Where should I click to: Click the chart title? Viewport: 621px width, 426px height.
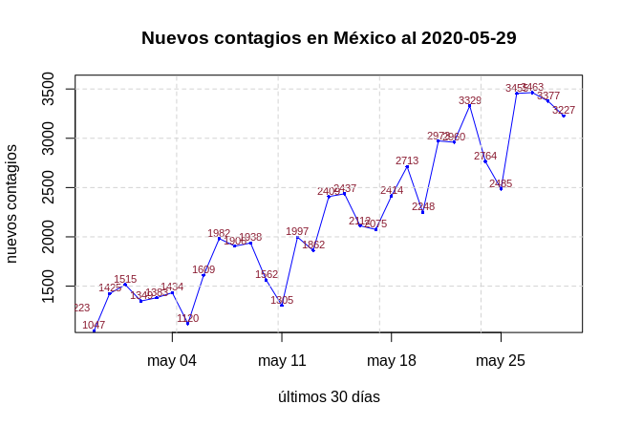tap(329, 38)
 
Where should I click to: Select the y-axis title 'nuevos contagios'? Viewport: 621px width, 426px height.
tap(11, 203)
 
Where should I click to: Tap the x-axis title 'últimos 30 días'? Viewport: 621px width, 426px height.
tap(329, 396)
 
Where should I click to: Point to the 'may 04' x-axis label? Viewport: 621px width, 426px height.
tap(172, 360)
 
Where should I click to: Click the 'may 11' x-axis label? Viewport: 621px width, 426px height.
tap(282, 360)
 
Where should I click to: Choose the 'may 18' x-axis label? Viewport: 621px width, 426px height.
tap(392, 360)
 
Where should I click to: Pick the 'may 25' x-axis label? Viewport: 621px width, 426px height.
tap(501, 360)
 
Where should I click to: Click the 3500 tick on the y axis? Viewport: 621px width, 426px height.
tap(49, 89)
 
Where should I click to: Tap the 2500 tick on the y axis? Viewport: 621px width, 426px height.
tap(49, 187)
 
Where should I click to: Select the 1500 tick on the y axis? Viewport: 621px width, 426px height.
tap(49, 286)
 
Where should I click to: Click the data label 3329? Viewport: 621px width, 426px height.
tap(470, 100)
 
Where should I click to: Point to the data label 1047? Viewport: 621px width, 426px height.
tap(94, 325)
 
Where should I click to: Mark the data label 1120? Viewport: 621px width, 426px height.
tap(187, 318)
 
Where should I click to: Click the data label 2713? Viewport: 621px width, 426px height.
tap(407, 160)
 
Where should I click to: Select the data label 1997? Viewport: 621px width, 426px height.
tap(297, 231)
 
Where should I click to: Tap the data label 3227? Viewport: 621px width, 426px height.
tap(564, 110)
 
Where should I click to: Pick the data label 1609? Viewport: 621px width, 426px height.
tap(203, 269)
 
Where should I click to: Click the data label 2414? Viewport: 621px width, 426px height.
tap(392, 190)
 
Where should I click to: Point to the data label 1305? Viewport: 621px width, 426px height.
tap(282, 300)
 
